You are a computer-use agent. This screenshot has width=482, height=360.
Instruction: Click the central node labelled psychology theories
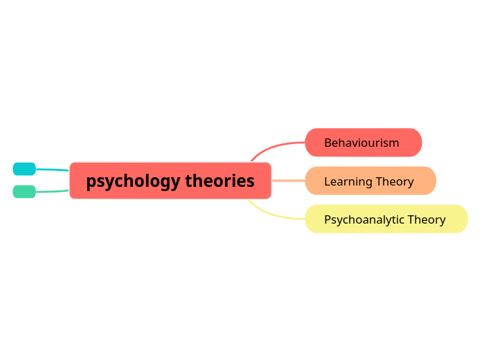click(x=170, y=181)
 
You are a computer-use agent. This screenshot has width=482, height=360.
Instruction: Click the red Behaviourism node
click(x=363, y=143)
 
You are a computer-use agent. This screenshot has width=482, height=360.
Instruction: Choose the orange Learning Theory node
click(x=370, y=181)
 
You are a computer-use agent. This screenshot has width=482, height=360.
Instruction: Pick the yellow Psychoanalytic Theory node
click(x=386, y=219)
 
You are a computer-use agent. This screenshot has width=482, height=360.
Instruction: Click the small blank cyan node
click(x=24, y=169)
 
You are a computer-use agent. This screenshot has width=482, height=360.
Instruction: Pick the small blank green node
click(x=24, y=192)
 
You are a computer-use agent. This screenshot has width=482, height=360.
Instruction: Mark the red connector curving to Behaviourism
click(x=274, y=146)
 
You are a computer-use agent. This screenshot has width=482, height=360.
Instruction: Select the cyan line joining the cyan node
click(x=52, y=170)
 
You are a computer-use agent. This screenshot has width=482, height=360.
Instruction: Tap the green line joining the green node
click(x=52, y=191)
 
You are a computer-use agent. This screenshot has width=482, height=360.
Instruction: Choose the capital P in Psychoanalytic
click(x=328, y=219)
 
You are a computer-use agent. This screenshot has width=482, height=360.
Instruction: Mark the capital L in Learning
click(x=327, y=181)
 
